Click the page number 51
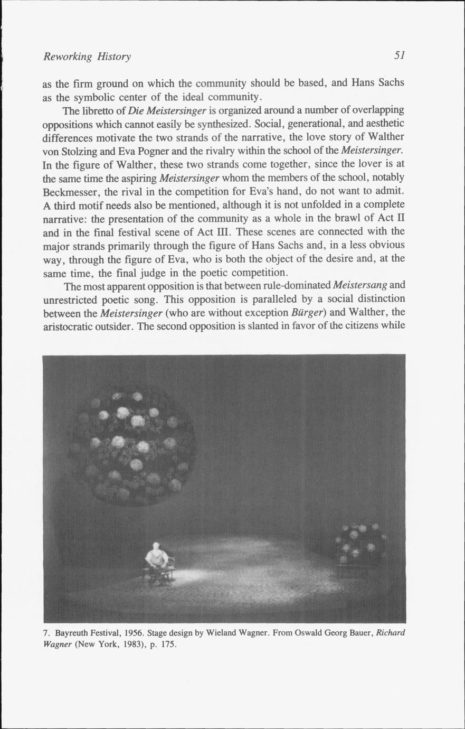click(399, 55)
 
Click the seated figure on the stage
click(157, 562)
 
